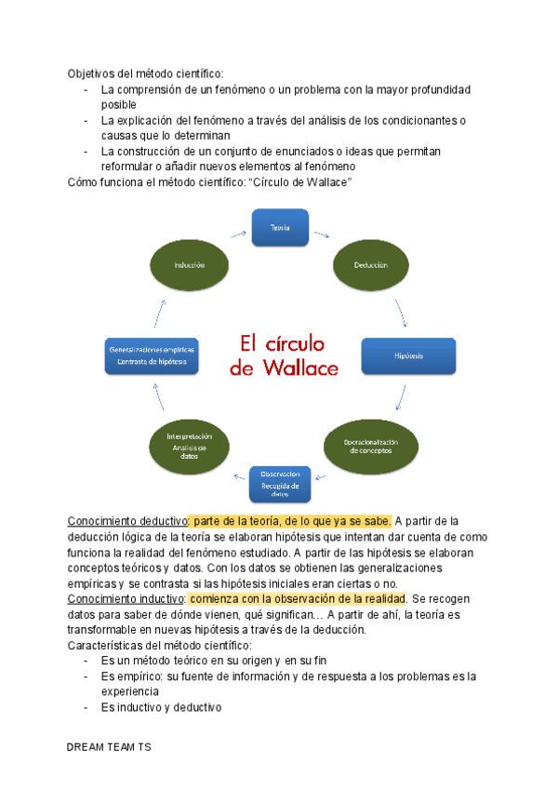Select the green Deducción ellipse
pyautogui.click(x=369, y=264)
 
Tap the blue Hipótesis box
pyautogui.click(x=408, y=355)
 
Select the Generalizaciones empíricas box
pyautogui.click(x=152, y=355)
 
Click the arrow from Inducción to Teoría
pyautogui.click(x=238, y=234)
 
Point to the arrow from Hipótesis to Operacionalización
pyautogui.click(x=400, y=398)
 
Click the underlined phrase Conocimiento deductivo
pyautogui.click(x=127, y=520)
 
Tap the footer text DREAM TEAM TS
pyautogui.click(x=114, y=747)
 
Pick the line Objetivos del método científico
pyautogui.click(x=145, y=73)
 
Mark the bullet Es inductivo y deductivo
pyautogui.click(x=161, y=707)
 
